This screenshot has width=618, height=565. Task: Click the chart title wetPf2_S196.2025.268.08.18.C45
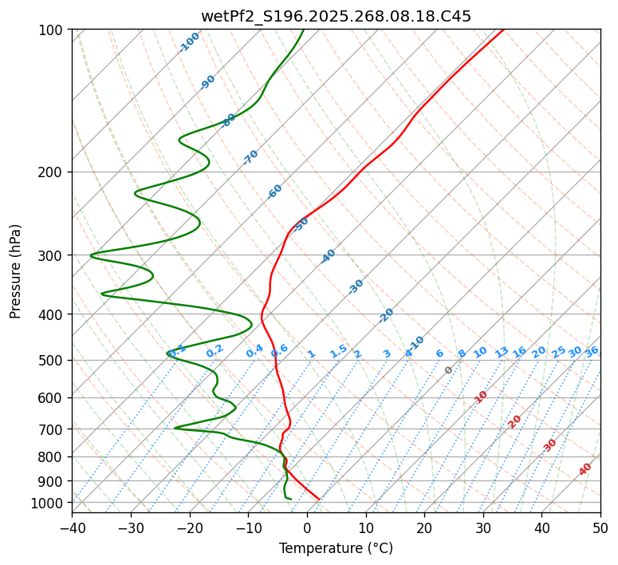[336, 16]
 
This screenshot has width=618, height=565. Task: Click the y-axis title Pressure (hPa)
[16, 271]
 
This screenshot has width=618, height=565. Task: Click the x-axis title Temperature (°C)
[336, 549]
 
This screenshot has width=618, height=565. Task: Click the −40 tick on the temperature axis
[72, 527]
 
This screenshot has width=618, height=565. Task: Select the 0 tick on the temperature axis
[307, 527]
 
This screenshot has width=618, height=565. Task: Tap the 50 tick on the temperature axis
[600, 527]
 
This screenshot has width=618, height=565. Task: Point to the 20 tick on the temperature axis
[424, 527]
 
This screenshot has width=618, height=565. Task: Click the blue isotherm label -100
[190, 41]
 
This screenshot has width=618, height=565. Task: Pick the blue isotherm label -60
[275, 192]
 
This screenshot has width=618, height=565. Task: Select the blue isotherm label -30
[356, 286]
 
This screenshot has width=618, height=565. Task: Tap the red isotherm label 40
[585, 469]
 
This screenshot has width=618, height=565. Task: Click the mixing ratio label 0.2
[215, 351]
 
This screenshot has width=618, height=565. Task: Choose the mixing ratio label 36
[592, 351]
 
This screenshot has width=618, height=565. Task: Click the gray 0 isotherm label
[449, 370]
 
